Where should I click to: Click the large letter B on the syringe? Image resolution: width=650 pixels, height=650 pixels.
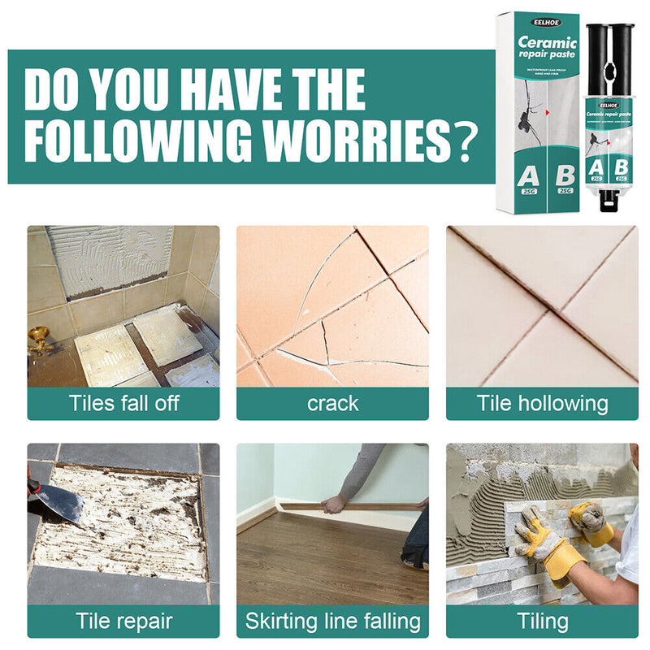621,163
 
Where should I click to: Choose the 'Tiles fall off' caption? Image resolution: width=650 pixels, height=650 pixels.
123,403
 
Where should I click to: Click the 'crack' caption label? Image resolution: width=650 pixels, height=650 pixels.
332,403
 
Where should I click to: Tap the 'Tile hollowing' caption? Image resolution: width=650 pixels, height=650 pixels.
542,403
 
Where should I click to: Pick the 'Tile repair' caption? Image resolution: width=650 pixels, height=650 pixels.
123,622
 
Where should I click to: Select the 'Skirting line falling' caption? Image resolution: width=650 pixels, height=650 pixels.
332,622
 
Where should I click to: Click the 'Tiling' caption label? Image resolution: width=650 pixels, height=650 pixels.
542,622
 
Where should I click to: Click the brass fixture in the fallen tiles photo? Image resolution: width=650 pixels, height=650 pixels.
38,339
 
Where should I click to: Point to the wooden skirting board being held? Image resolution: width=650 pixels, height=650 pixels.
366,506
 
